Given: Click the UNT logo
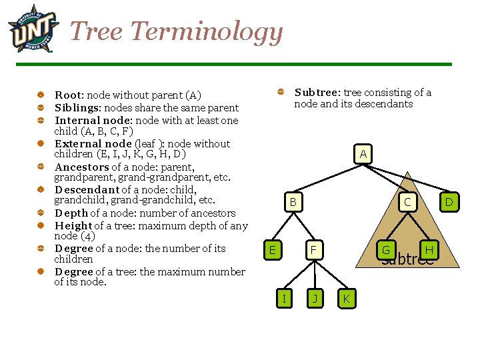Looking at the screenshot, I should pyautogui.click(x=33, y=29).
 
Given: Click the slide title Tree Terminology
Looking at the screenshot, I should pyautogui.click(x=177, y=31).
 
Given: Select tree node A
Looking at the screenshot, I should pyautogui.click(x=363, y=155).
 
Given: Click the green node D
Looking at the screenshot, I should pyautogui.click(x=449, y=201).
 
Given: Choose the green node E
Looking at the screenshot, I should pyautogui.click(x=271, y=250).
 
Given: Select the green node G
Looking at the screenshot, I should pyautogui.click(x=385, y=250).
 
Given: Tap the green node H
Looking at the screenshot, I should pyautogui.click(x=429, y=250).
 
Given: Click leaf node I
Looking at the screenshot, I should pyautogui.click(x=285, y=298).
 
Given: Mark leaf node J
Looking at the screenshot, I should pyautogui.click(x=315, y=298).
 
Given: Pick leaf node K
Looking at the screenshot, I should pyautogui.click(x=346, y=298).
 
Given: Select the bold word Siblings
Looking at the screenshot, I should pyautogui.click(x=77, y=107).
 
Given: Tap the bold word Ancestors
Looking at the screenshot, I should pyautogui.click(x=81, y=167).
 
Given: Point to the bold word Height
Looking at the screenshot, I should pyautogui.click(x=73, y=225).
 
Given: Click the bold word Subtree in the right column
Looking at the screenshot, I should pyautogui.click(x=317, y=93).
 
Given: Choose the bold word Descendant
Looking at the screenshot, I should pyautogui.click(x=87, y=190).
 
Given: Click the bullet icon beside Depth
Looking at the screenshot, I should pyautogui.click(x=41, y=213).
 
